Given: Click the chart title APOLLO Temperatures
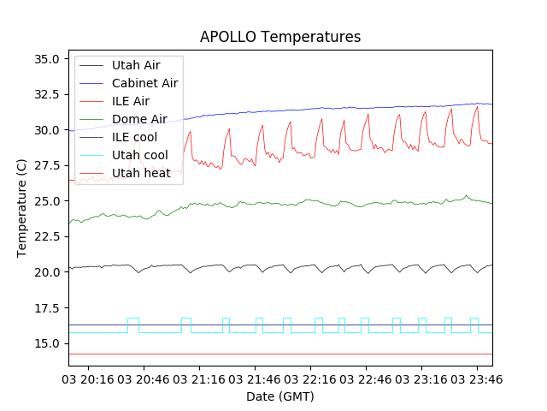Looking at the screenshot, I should point(280,37).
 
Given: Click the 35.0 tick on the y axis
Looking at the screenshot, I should point(45,59).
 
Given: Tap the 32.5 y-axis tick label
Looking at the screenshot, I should point(45,94).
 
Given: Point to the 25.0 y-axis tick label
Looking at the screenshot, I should point(45,201).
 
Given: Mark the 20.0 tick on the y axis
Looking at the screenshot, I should point(45,272).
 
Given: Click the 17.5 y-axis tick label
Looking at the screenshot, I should point(45,307).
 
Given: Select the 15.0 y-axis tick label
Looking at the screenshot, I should point(45,343).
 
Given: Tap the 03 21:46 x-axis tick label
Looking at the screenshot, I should point(255,378).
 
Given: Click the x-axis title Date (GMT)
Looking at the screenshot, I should point(280,396).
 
